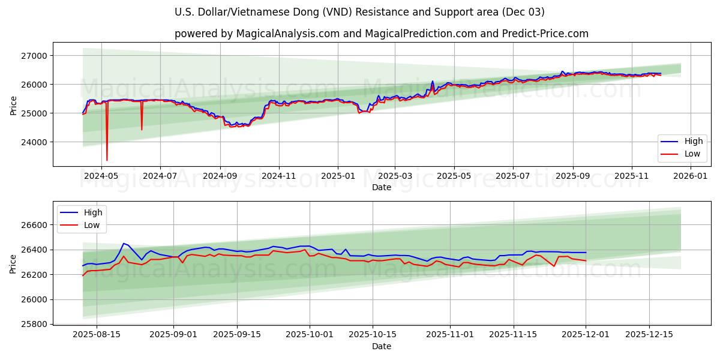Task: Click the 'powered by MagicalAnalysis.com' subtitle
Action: point(381,34)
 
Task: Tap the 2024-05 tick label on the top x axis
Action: point(101,176)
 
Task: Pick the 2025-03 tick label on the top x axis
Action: point(395,176)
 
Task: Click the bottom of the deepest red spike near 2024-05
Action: point(107,160)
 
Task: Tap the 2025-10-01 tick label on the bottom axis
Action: point(310,334)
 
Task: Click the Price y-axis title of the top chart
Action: point(14,104)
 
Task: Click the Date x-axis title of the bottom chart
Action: point(381,346)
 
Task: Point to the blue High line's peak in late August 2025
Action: point(124,244)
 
